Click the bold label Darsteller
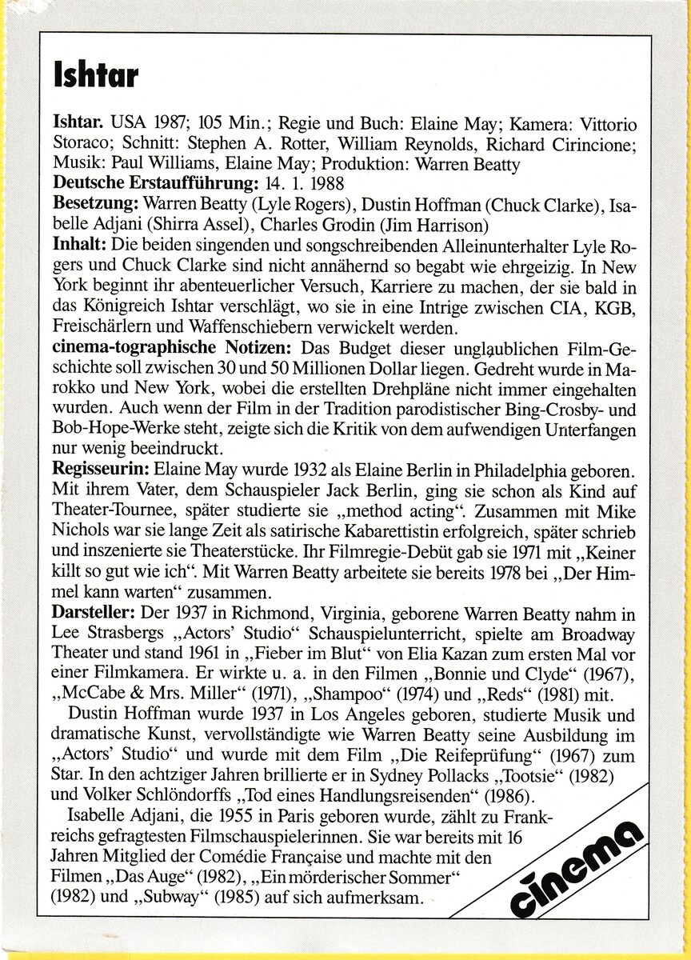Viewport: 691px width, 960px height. click(x=94, y=614)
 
